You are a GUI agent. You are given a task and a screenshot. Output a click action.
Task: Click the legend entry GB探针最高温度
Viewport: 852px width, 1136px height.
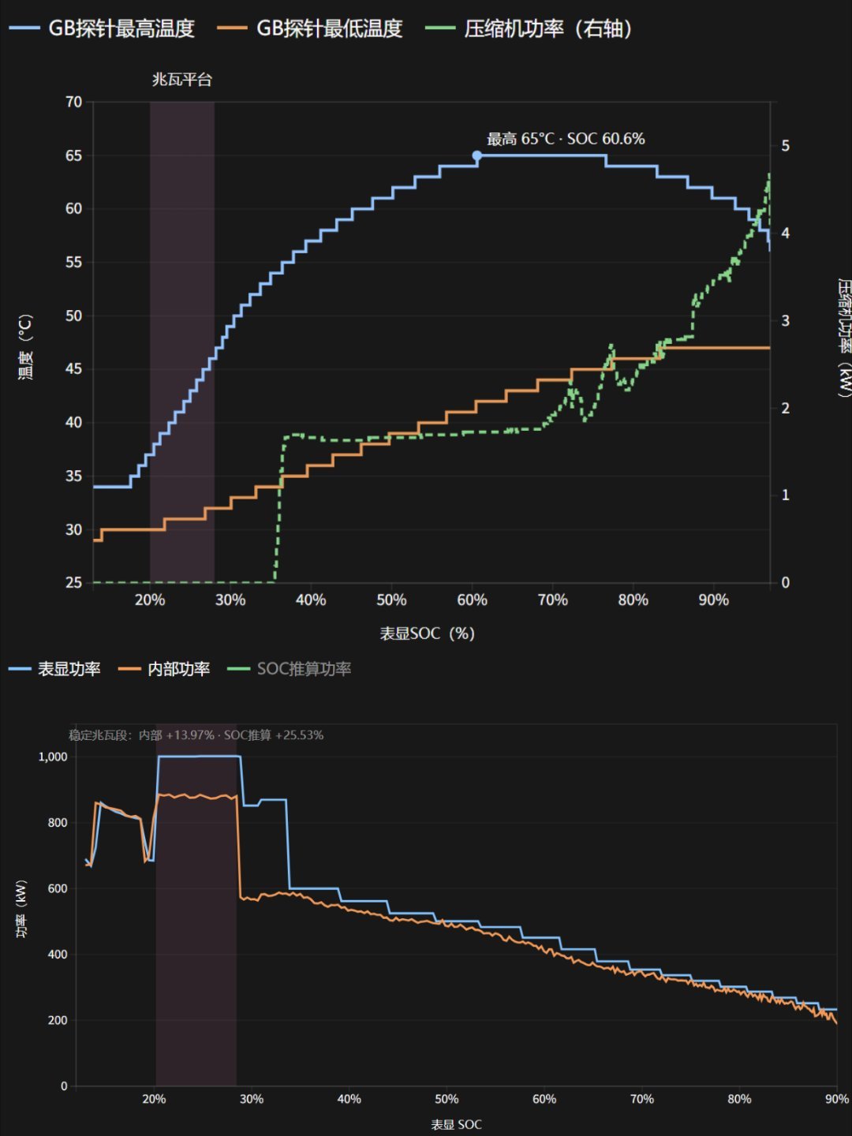tap(102, 28)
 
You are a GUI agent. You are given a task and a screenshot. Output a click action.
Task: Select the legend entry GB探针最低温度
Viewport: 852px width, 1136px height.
tap(310, 28)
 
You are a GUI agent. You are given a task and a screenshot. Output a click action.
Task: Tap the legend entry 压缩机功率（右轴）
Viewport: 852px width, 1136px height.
tap(529, 28)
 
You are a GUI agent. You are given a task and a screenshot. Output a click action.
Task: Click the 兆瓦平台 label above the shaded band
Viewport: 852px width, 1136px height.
tap(182, 80)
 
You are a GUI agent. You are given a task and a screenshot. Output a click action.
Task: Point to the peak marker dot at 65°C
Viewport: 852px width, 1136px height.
tap(477, 155)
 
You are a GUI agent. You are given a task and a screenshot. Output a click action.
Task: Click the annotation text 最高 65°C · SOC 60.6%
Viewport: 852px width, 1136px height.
tap(566, 139)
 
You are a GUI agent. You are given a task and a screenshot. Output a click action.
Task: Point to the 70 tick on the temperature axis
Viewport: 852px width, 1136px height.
tap(74, 102)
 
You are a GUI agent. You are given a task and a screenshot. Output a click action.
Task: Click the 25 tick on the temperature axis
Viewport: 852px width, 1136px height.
tap(74, 583)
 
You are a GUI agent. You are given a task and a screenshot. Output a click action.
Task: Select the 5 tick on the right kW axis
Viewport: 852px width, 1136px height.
tap(785, 146)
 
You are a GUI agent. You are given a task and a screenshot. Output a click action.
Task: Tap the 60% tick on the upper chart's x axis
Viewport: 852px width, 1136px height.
tap(472, 600)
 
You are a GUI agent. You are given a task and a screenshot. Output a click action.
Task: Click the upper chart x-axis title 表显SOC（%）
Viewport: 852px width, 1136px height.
tap(428, 633)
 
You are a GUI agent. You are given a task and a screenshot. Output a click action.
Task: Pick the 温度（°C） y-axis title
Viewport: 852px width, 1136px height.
tap(25, 347)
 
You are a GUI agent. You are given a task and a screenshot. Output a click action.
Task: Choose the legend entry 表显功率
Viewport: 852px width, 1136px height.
tap(55, 669)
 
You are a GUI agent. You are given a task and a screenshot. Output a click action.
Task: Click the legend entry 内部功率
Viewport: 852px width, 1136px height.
tap(165, 669)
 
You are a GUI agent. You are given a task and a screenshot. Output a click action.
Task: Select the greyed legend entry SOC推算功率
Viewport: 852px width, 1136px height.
tap(290, 669)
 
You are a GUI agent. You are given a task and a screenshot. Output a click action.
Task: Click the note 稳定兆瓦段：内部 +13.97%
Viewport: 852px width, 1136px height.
tap(141, 735)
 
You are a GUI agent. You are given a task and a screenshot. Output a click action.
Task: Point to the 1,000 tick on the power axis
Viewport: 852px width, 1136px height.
tap(53, 757)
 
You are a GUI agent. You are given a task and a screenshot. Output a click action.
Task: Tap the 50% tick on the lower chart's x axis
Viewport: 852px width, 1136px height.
tap(447, 1099)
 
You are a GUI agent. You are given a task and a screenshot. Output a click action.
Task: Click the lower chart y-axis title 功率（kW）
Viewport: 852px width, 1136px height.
tap(21, 909)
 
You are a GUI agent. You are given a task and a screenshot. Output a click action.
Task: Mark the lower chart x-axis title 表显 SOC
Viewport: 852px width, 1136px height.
tap(456, 1124)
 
